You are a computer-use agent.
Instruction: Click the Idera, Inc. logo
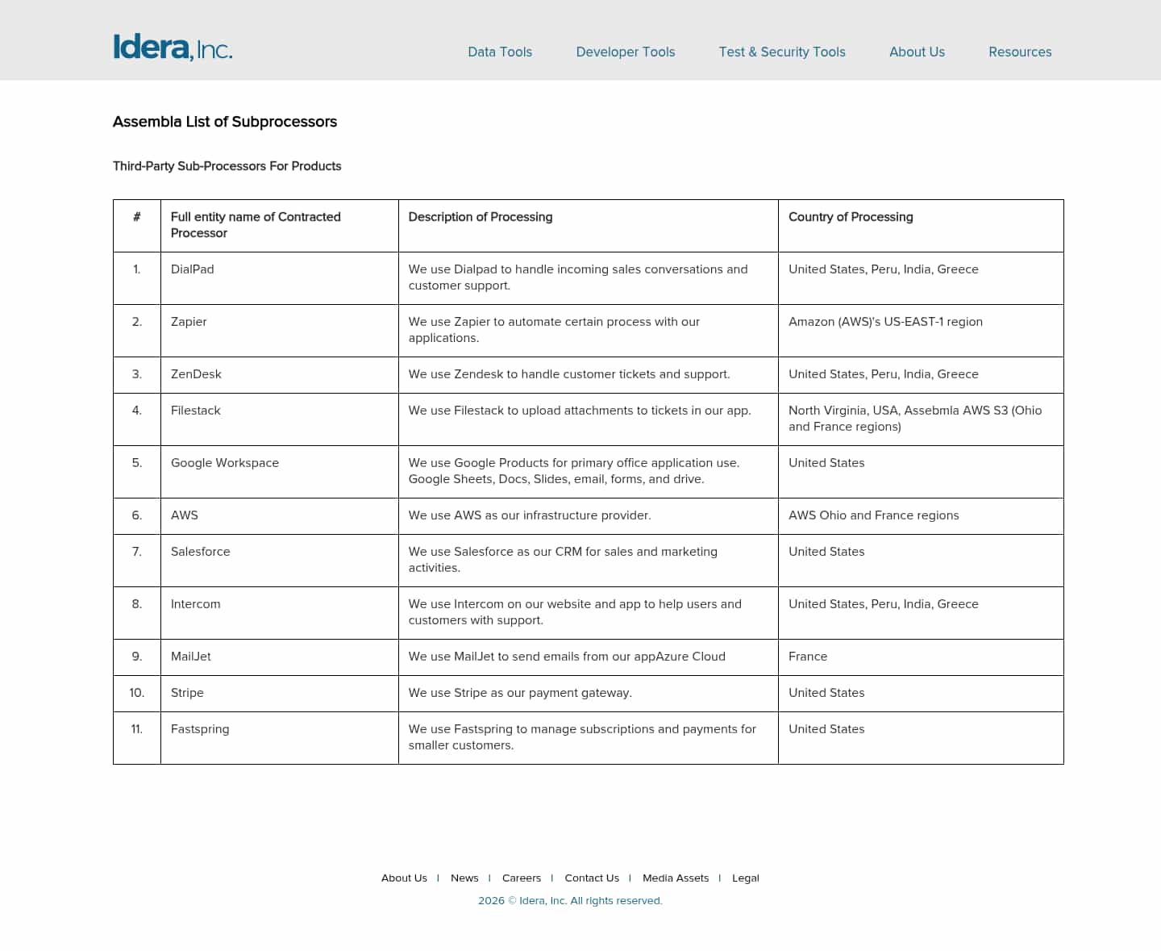coord(173,48)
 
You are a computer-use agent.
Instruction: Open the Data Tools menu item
coord(500,52)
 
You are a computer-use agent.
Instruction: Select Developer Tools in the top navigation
coord(626,52)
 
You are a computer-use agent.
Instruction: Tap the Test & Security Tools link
coord(782,52)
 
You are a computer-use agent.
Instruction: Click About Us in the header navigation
coord(917,52)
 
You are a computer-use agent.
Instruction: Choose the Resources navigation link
coord(1020,52)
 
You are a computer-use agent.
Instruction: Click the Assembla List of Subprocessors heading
coord(225,122)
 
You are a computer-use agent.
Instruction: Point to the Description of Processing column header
coord(481,217)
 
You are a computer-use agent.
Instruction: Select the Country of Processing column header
coord(851,217)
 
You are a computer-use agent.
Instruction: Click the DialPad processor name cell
coord(193,269)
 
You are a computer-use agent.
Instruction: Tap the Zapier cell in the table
coord(189,322)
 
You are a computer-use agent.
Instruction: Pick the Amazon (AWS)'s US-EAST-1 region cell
coord(885,322)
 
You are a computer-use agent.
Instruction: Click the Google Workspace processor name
coord(225,463)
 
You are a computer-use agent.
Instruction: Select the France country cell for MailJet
coord(808,657)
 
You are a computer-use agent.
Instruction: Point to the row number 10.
coord(137,693)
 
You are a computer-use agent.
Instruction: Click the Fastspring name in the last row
coord(200,729)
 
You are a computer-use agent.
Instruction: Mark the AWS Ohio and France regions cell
coord(874,515)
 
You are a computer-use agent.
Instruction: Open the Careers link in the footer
coord(522,878)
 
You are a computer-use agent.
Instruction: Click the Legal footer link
coord(746,878)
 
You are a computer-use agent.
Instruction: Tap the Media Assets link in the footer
coord(676,878)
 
